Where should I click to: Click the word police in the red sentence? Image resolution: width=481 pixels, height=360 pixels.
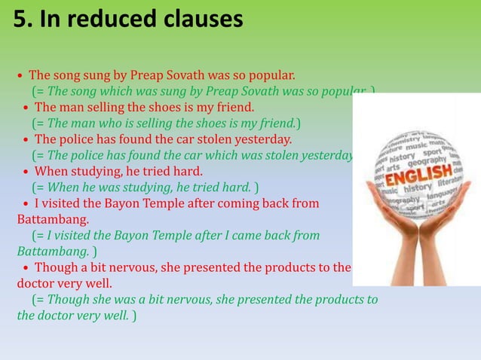point(77,139)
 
